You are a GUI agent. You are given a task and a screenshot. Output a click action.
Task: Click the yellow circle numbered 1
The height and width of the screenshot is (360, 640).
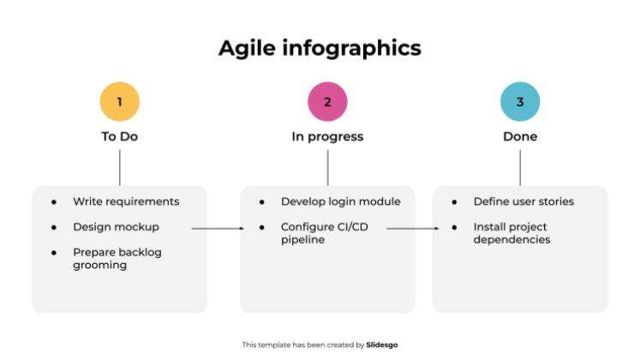[x=119, y=102]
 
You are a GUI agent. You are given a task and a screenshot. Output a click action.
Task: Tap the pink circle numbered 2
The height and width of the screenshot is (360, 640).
[x=327, y=102]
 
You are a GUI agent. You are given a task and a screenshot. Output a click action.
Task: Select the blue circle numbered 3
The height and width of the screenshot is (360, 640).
[x=520, y=102]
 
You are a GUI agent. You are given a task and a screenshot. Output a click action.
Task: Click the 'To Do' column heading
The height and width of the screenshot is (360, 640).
[x=119, y=136]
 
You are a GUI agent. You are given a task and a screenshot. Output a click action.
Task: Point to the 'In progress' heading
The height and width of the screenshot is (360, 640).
[x=327, y=136]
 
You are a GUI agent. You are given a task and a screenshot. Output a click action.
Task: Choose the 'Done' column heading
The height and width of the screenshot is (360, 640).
[x=520, y=136]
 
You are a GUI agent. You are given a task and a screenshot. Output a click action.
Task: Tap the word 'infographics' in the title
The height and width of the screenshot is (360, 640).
[x=352, y=48]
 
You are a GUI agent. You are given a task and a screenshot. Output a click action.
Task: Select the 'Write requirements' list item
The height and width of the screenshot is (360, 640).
[x=126, y=201]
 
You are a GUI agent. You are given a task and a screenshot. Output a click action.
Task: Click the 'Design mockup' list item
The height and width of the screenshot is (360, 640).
[x=116, y=227]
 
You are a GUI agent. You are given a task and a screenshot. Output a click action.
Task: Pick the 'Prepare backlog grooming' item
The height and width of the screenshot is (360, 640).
[x=117, y=259]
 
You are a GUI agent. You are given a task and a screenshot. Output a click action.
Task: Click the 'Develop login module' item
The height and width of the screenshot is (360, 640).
[x=340, y=201]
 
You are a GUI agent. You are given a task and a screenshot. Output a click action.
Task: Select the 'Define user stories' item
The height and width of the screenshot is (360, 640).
[x=523, y=201]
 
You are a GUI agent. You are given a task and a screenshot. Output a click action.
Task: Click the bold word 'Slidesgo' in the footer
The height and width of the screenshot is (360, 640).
[x=382, y=345]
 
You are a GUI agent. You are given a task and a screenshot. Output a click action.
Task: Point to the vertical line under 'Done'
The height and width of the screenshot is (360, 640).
[x=520, y=167]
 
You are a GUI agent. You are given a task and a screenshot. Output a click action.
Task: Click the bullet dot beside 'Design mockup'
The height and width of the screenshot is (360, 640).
[x=54, y=228]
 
